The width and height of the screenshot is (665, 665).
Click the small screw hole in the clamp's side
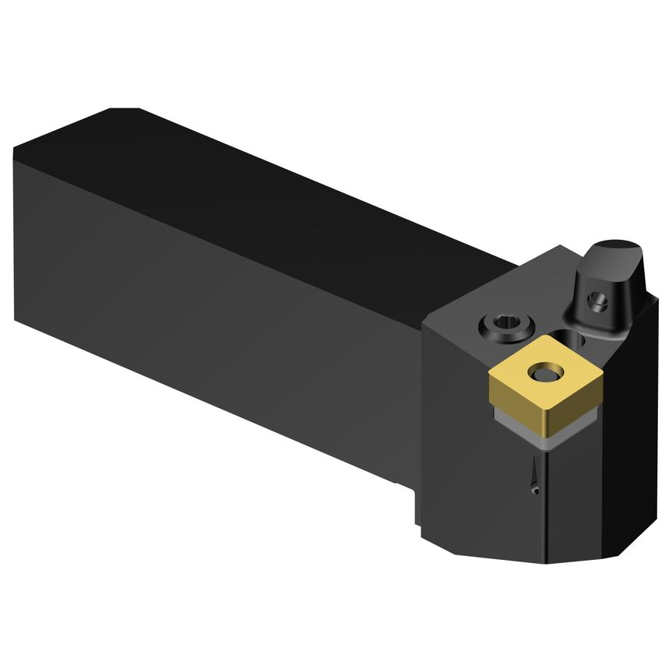(598, 298)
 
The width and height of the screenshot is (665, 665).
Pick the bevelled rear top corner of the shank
(125, 114)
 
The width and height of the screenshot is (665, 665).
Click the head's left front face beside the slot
(467, 452)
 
